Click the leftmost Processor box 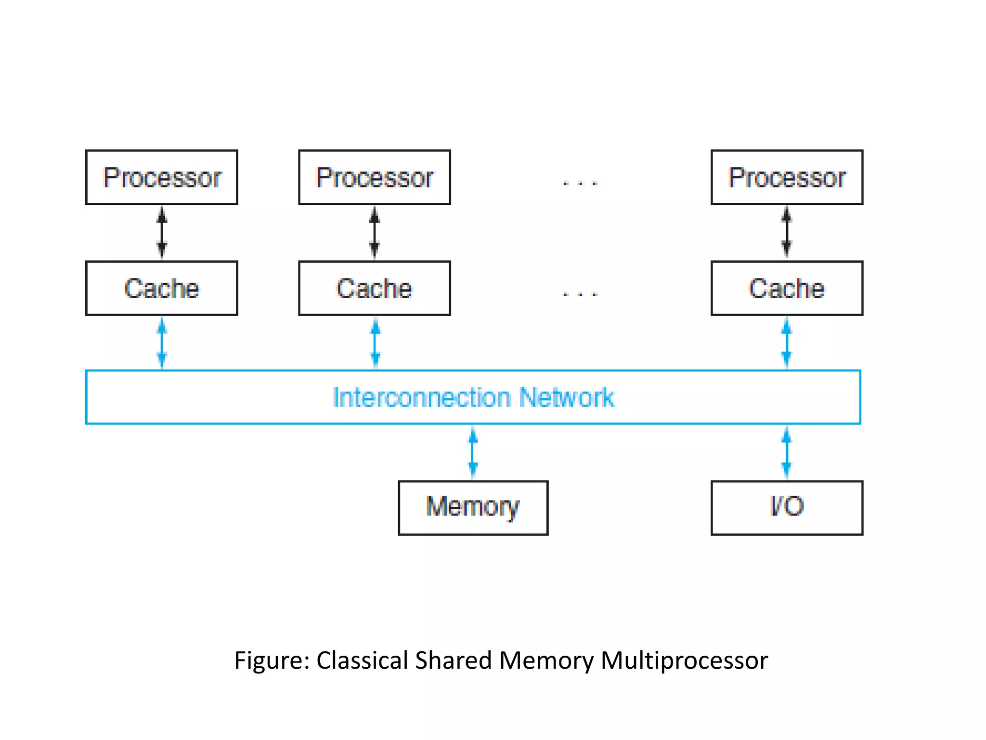tap(162, 177)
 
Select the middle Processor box tap(374, 177)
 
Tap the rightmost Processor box tap(787, 177)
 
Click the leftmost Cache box tap(162, 288)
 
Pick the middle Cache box tap(374, 288)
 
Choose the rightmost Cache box tap(787, 288)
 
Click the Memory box tap(473, 507)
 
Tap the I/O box tap(787, 507)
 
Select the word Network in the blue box tap(567, 397)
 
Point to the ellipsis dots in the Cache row tap(580, 293)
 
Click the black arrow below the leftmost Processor tap(162, 233)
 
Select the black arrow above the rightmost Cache tap(786, 232)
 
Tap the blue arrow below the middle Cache tap(375, 343)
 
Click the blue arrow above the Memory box tap(473, 452)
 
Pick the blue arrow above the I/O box tap(786, 452)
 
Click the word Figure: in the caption tap(272, 661)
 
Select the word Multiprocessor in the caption tap(684, 661)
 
